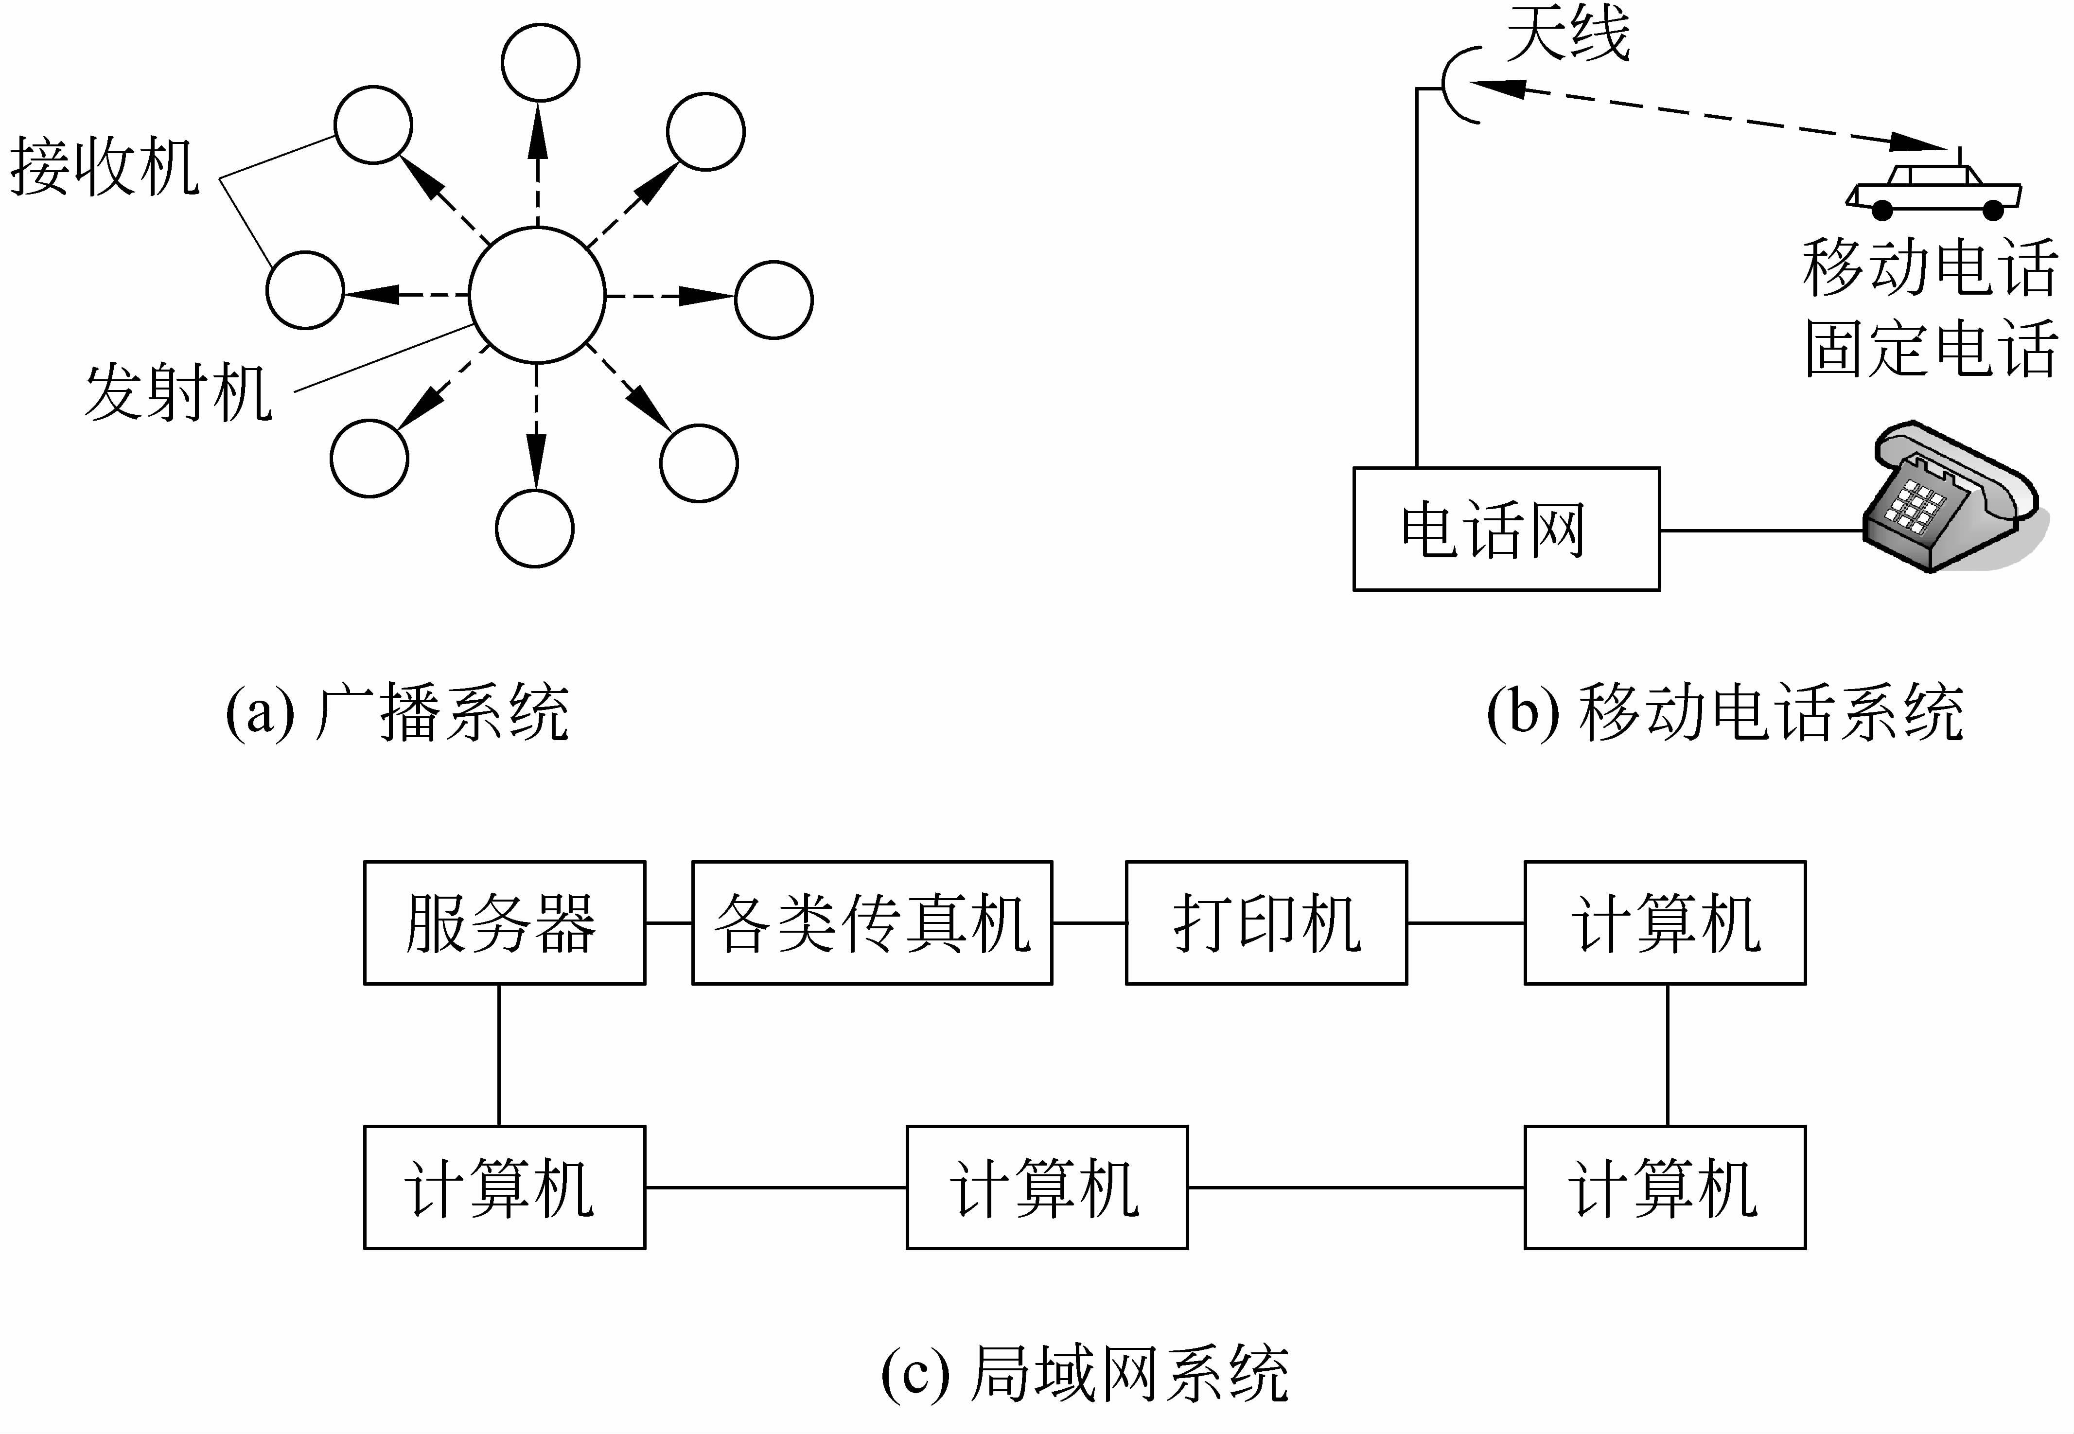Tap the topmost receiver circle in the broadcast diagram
coord(540,62)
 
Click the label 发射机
coord(178,392)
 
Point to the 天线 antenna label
coord(1567,34)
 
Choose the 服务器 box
coord(504,923)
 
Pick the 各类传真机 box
coord(871,923)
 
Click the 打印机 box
coord(1265,923)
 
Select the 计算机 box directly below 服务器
coord(504,1187)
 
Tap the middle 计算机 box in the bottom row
coord(1046,1187)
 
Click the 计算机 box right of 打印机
coord(1665,923)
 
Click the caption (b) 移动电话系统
coord(1724,712)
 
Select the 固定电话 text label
coord(1931,349)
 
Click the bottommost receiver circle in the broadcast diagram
coord(534,528)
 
